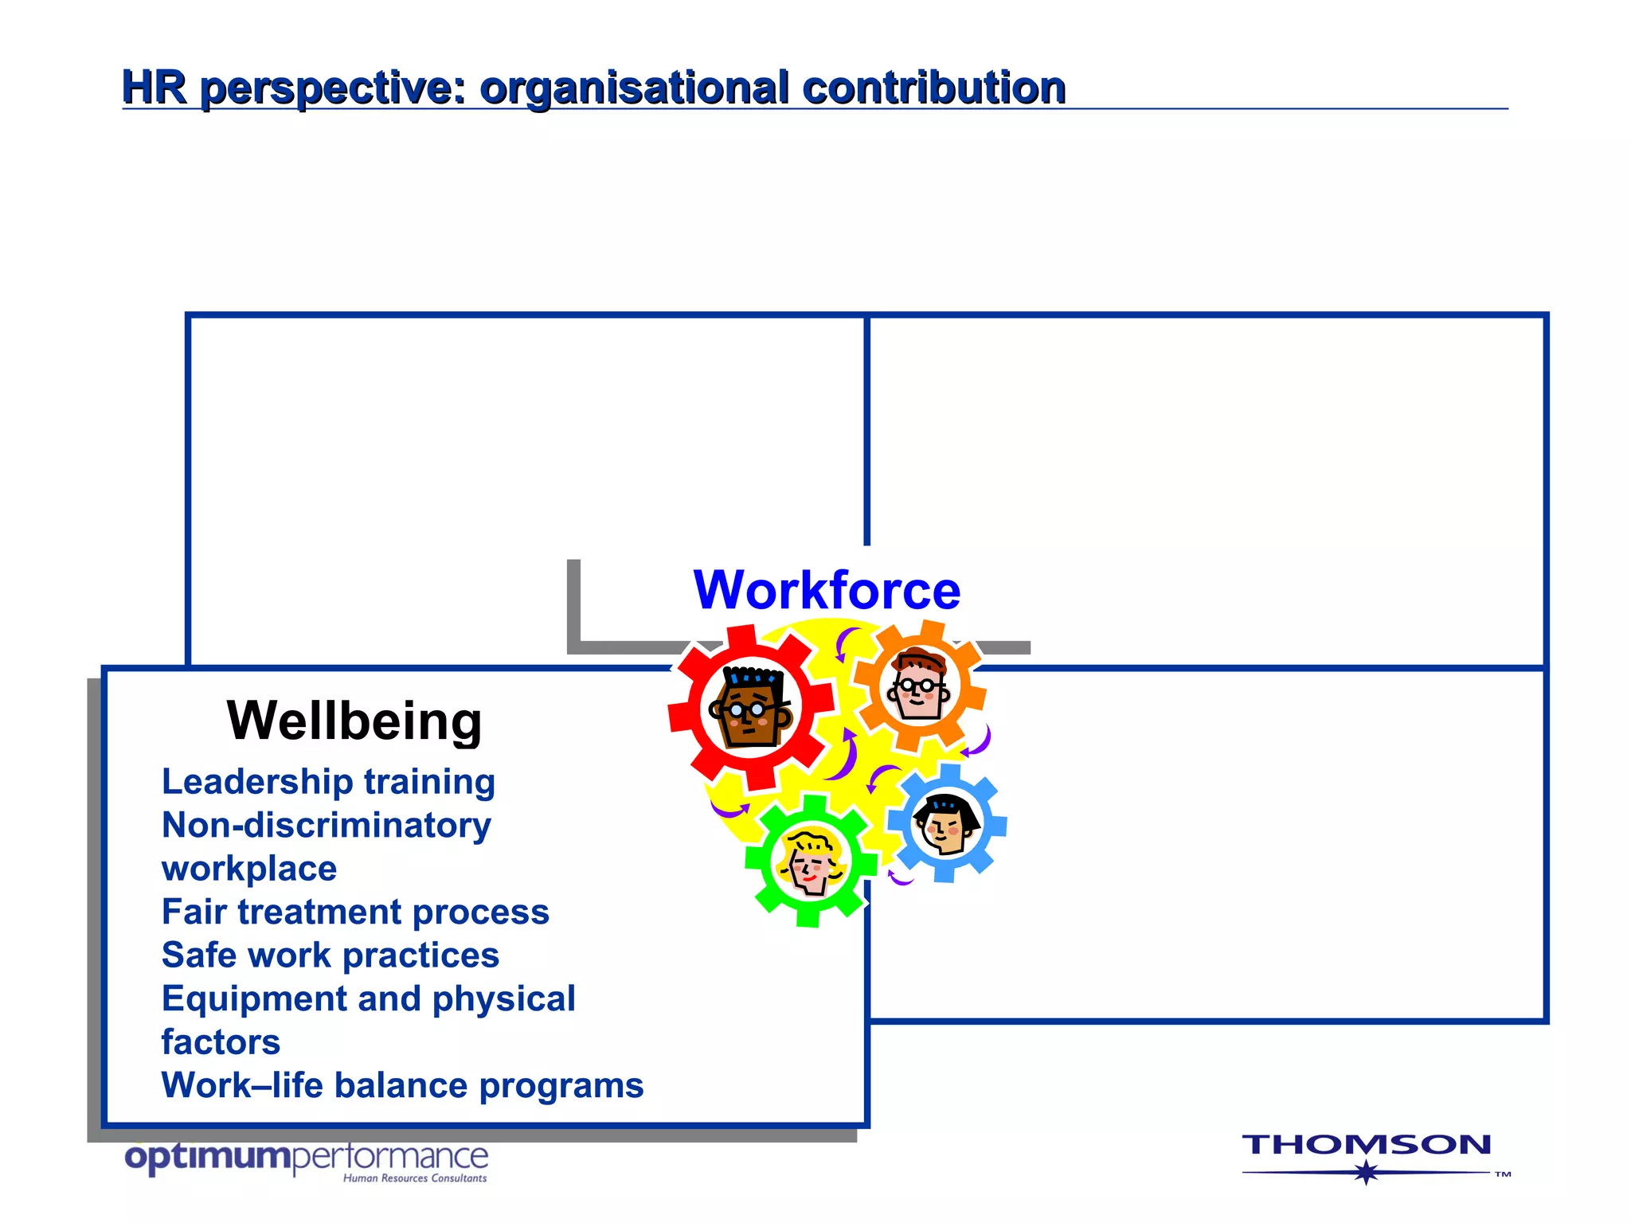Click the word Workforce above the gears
827,591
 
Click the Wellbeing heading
354,721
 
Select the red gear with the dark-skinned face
751,707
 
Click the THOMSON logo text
1366,1145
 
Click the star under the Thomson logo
1367,1172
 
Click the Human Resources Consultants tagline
415,1178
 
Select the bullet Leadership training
328,782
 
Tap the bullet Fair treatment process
355,912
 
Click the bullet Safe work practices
330,955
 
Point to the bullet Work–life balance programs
402,1085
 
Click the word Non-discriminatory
327,826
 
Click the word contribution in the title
933,87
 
